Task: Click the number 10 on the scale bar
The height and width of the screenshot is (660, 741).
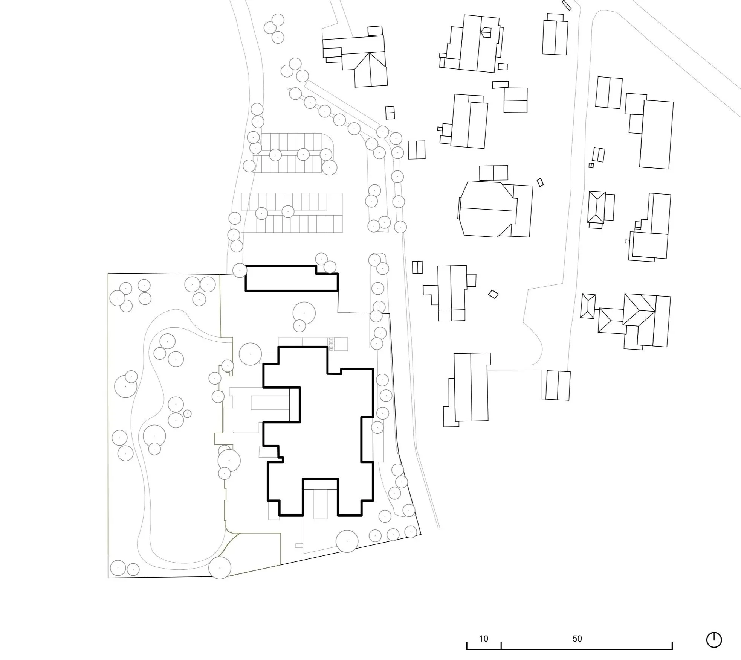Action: (x=483, y=639)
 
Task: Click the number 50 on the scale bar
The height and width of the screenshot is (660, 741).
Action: (x=577, y=639)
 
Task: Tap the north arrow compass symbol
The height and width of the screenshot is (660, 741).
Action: (x=714, y=640)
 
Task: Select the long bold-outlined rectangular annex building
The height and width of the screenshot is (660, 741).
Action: (x=292, y=278)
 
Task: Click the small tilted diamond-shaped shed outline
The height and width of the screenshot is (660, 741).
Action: (x=493, y=294)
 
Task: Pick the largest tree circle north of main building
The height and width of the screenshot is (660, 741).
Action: (x=304, y=313)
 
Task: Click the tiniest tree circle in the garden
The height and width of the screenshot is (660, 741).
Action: (x=187, y=414)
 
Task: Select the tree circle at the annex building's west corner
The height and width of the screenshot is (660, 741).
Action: (x=240, y=270)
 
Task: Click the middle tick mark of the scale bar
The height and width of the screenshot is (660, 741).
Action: (x=501, y=645)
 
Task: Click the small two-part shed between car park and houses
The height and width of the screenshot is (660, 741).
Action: (x=390, y=113)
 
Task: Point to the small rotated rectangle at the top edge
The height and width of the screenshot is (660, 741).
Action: (x=566, y=5)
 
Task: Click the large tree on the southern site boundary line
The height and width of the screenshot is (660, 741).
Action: (x=347, y=541)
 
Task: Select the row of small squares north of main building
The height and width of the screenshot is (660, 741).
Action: (x=331, y=344)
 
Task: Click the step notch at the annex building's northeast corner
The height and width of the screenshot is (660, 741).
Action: (x=327, y=269)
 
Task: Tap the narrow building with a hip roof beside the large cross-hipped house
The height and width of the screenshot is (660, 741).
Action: (x=588, y=306)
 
